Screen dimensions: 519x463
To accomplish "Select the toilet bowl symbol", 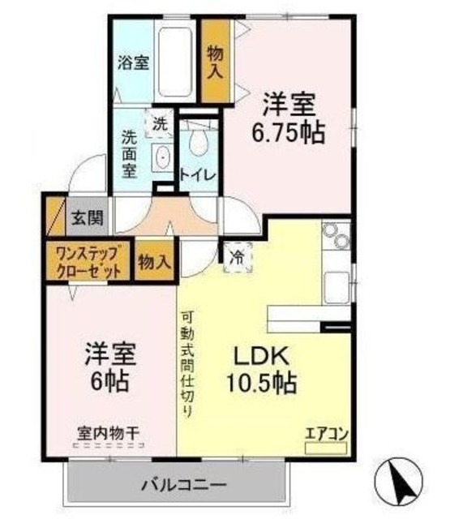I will point(197,144).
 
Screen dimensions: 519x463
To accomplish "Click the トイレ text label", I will point(197,174).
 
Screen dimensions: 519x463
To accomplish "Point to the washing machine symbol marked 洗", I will point(160,124).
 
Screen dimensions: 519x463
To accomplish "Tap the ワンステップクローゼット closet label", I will point(88,261).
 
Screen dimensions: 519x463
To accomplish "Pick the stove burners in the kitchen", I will point(334,241).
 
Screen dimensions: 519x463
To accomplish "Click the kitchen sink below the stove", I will point(336,285).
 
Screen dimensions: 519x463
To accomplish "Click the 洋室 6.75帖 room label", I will point(293,118).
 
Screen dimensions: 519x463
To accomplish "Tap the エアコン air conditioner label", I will point(326,431).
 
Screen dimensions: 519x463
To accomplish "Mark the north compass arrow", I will point(401,483).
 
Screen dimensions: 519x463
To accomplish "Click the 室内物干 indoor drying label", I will point(108,434).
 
